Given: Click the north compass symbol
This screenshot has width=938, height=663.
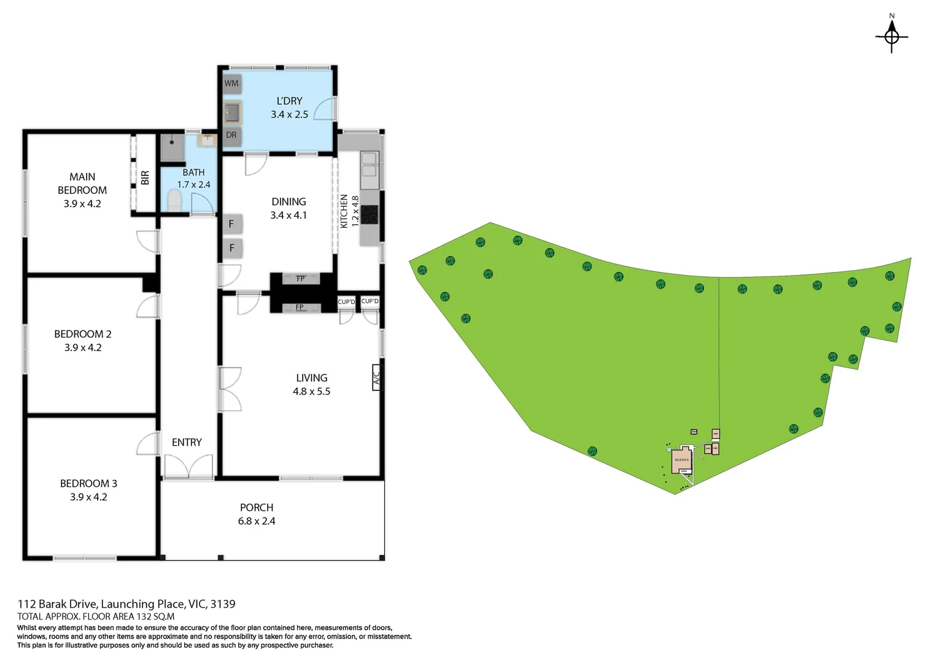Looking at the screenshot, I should pyautogui.click(x=891, y=36).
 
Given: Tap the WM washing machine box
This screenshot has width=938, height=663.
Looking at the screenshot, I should pyautogui.click(x=231, y=83).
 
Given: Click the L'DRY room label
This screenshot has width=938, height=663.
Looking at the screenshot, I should pyautogui.click(x=289, y=101).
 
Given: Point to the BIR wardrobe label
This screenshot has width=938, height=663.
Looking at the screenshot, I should pyautogui.click(x=145, y=178).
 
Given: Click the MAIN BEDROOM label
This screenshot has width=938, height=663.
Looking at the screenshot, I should pyautogui.click(x=82, y=184).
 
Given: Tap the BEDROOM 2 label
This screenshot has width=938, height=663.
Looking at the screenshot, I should pyautogui.click(x=83, y=334).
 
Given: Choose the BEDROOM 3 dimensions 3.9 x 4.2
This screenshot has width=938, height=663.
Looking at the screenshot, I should pyautogui.click(x=88, y=497).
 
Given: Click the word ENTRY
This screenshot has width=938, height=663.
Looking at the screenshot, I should pyautogui.click(x=187, y=443).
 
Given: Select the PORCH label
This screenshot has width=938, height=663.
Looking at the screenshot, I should pyautogui.click(x=257, y=508).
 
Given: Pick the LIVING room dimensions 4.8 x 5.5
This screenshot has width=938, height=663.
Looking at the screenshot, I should pyautogui.click(x=311, y=392).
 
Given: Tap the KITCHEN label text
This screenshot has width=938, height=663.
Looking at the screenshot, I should pyautogui.click(x=344, y=211).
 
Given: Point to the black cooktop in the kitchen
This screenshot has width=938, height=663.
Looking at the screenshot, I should pyautogui.click(x=370, y=214).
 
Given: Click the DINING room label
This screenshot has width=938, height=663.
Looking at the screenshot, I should pyautogui.click(x=289, y=202).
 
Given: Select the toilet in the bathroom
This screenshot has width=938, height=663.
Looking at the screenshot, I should pyautogui.click(x=175, y=200).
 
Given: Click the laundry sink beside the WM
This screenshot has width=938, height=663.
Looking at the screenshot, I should pyautogui.click(x=232, y=112).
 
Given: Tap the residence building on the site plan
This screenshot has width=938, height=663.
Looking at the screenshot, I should pyautogui.click(x=681, y=460).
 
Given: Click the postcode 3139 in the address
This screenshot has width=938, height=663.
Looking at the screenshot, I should pyautogui.click(x=223, y=604).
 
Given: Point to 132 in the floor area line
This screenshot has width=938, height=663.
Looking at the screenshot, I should pyautogui.click(x=144, y=617).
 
